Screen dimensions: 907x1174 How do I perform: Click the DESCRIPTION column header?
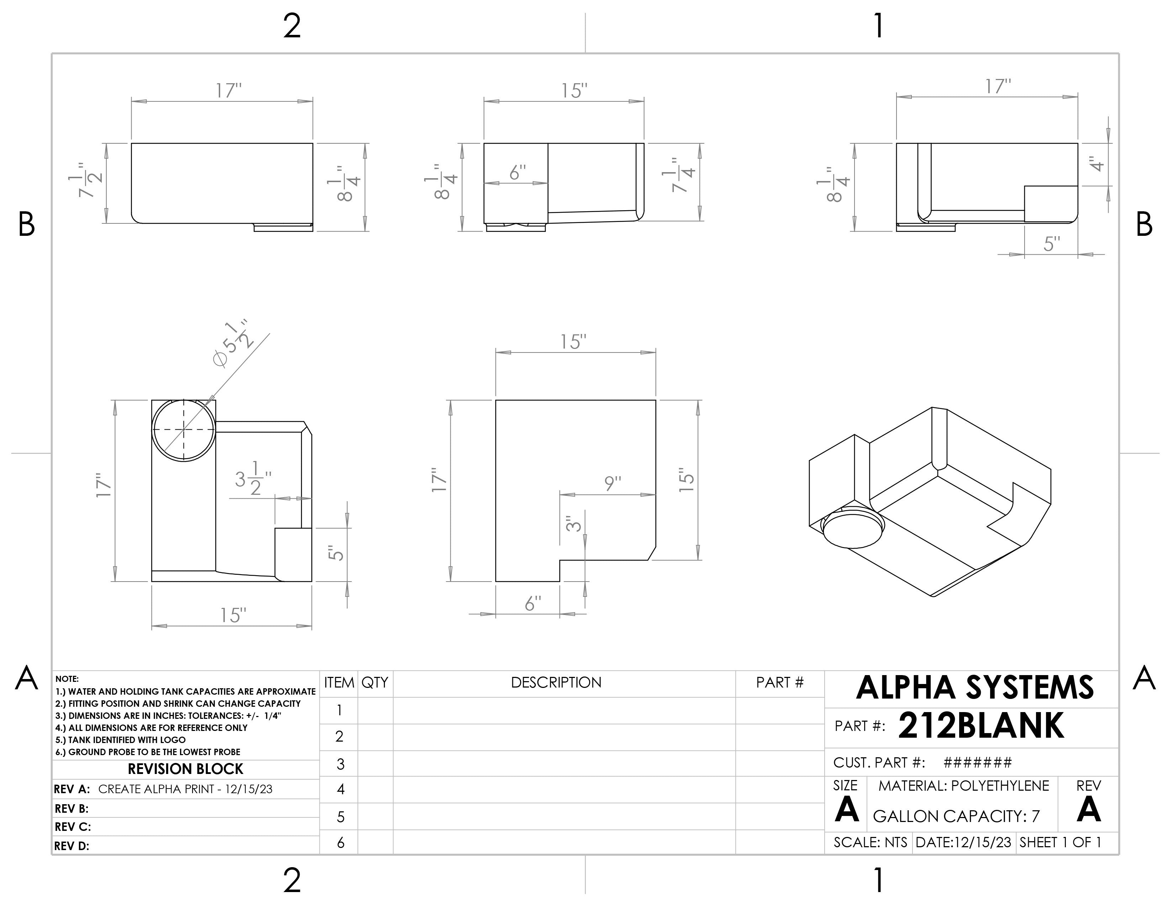pos(556,683)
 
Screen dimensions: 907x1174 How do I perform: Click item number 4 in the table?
pos(340,789)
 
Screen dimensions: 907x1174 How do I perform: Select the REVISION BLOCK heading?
pos(185,769)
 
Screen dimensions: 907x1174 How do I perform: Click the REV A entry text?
pos(185,789)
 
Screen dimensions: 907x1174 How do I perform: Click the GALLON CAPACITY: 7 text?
pos(956,817)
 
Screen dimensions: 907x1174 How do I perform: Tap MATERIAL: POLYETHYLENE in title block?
pos(963,786)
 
